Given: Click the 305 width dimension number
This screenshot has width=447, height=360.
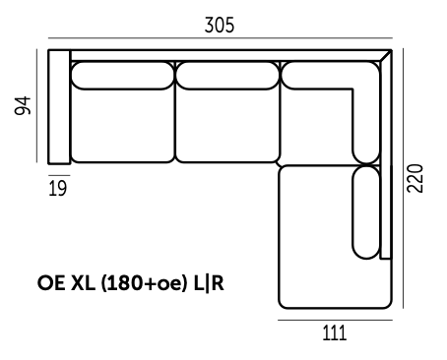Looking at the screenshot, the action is tap(220, 26).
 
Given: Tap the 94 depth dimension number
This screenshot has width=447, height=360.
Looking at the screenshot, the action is tap(23, 105).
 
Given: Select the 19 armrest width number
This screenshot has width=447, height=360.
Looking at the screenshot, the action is tap(58, 188).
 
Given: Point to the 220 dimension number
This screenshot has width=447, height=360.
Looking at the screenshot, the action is tap(415, 178).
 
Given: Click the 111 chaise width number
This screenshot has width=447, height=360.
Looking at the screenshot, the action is tap(335, 333).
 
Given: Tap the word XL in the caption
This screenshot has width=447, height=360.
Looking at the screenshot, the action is tap(83, 283).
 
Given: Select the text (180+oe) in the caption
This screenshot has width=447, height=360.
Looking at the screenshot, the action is tap(142, 283).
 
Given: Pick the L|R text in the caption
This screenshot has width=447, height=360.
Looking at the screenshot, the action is tap(209, 283).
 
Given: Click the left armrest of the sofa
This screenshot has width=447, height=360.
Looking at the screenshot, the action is tap(59, 106).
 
